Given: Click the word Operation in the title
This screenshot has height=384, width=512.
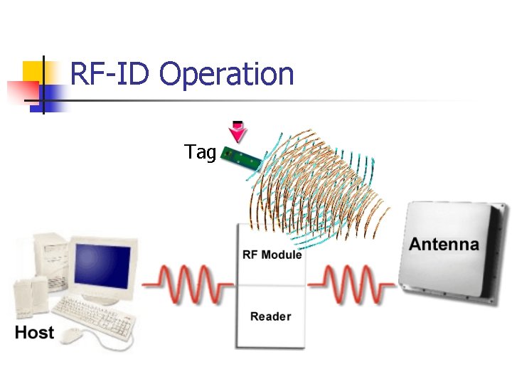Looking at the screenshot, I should (x=226, y=75).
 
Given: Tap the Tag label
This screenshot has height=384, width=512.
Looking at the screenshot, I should (x=200, y=152).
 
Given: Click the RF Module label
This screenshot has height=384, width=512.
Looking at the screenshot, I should (x=272, y=255).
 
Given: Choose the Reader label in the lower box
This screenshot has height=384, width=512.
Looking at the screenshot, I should (x=270, y=316).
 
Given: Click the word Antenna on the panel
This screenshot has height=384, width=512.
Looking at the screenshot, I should (x=444, y=245).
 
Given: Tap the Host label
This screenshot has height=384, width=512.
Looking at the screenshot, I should (x=34, y=332).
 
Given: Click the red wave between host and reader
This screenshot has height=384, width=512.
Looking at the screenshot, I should (x=187, y=284).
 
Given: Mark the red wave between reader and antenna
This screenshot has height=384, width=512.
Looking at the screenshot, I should (x=351, y=284).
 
